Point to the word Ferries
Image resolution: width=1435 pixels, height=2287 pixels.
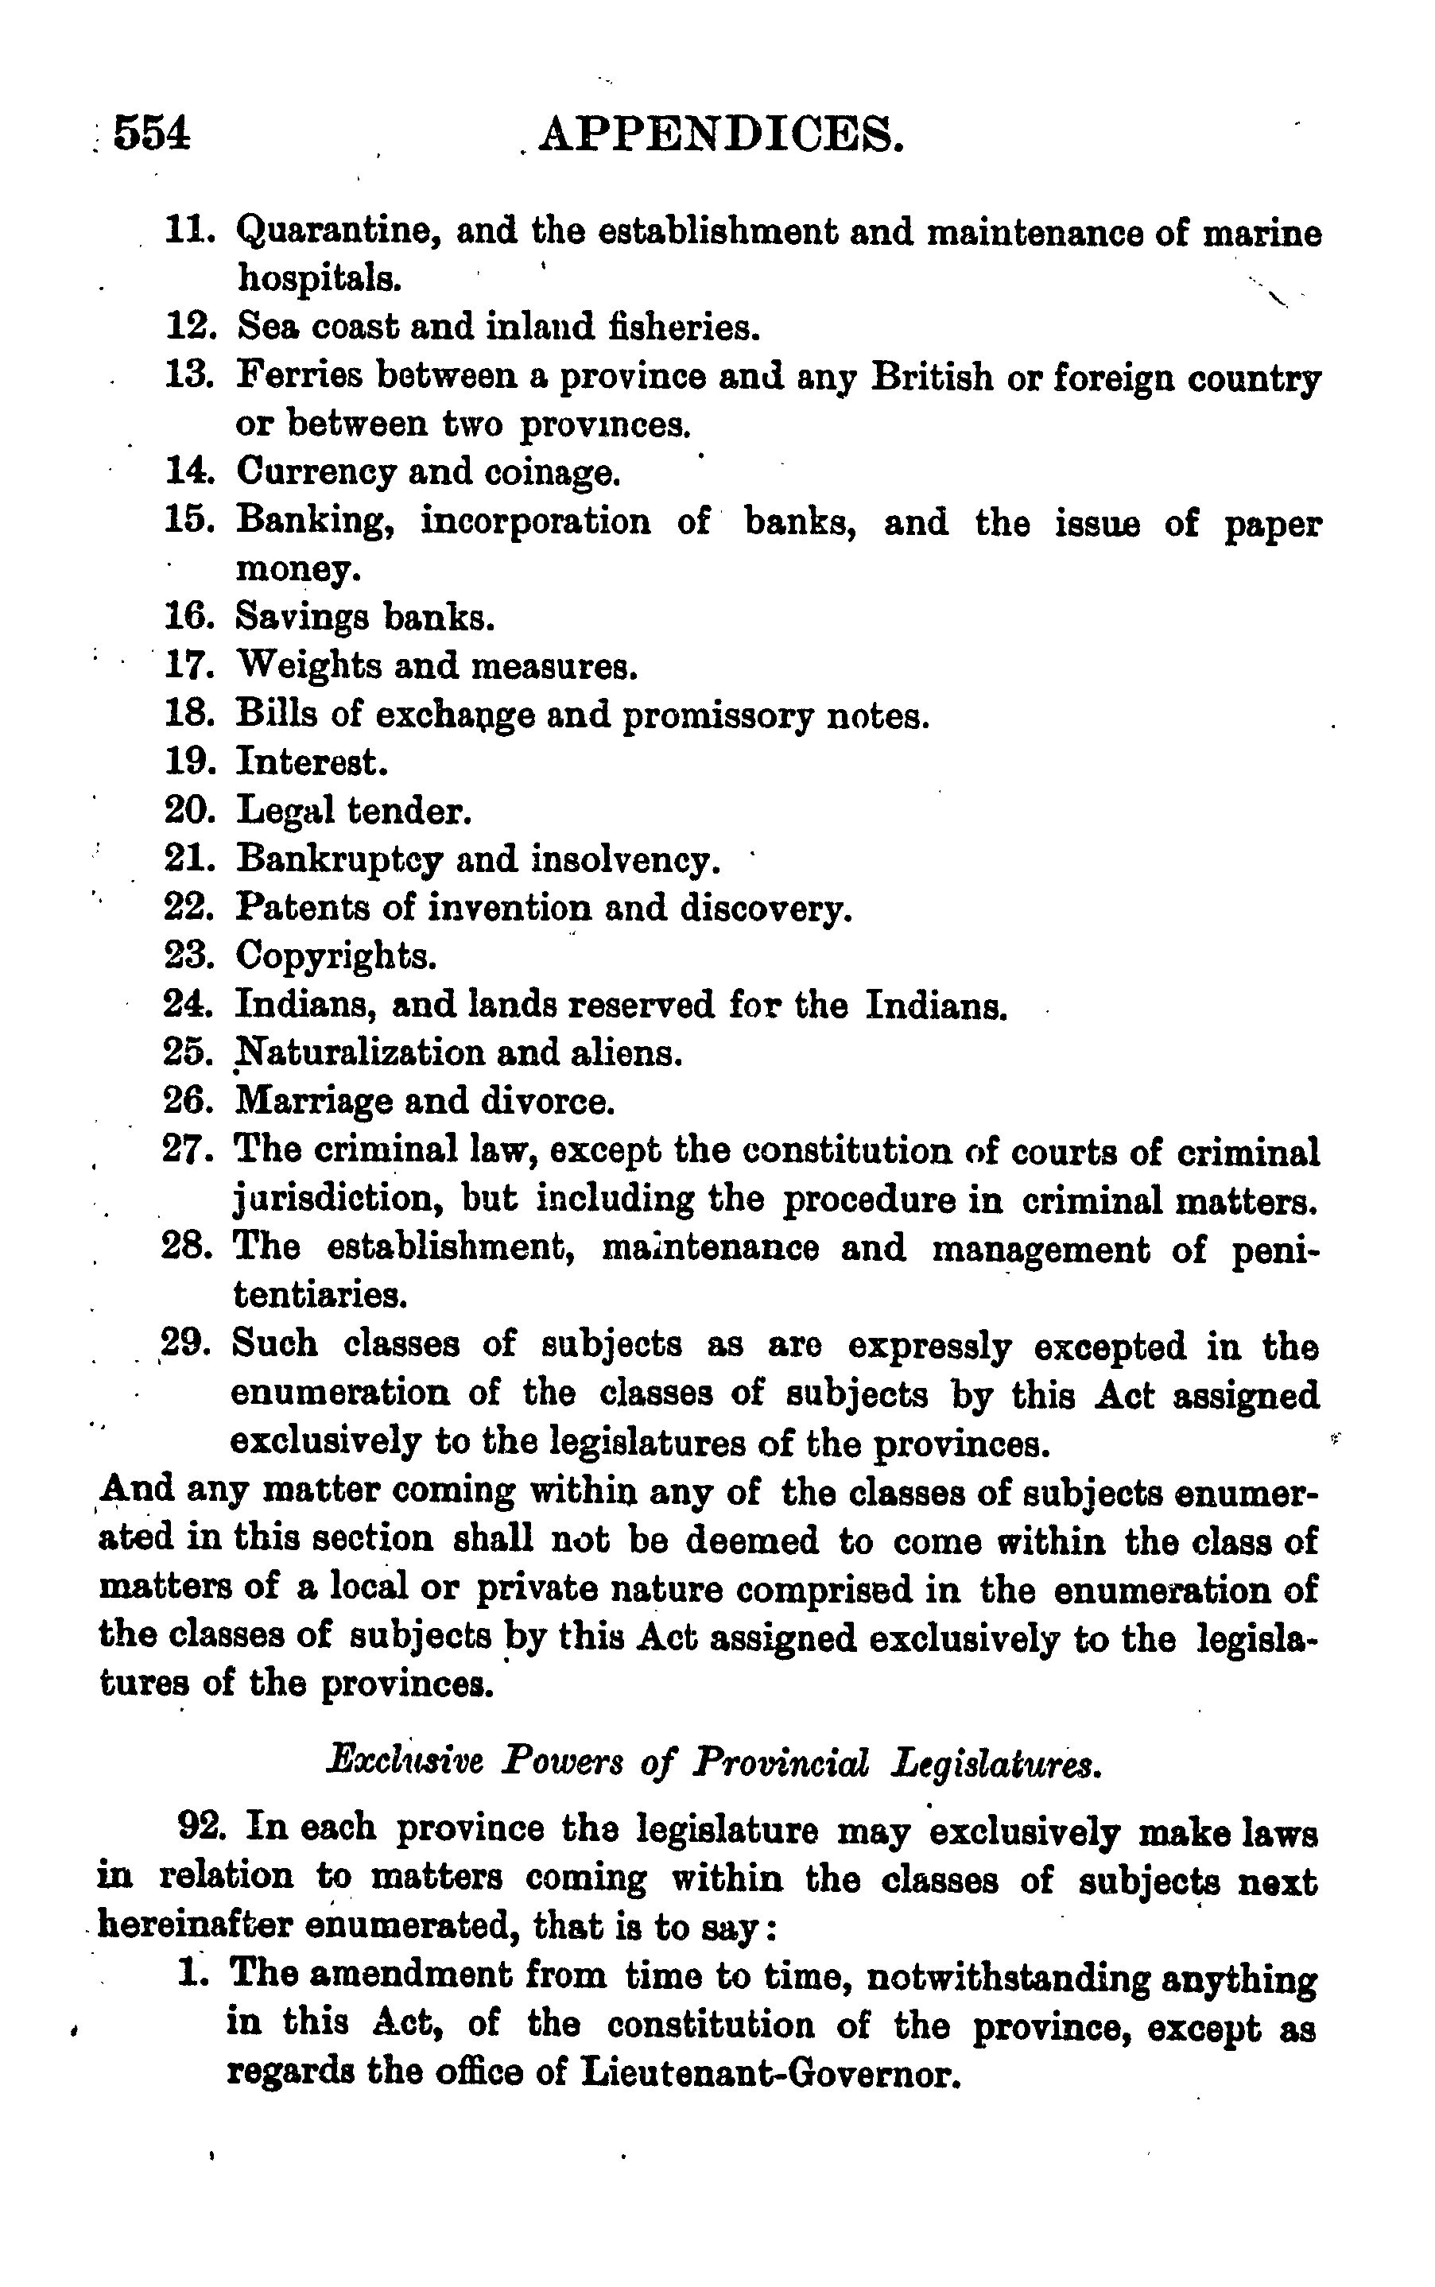tap(299, 376)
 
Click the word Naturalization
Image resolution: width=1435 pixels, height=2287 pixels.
tap(358, 1053)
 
